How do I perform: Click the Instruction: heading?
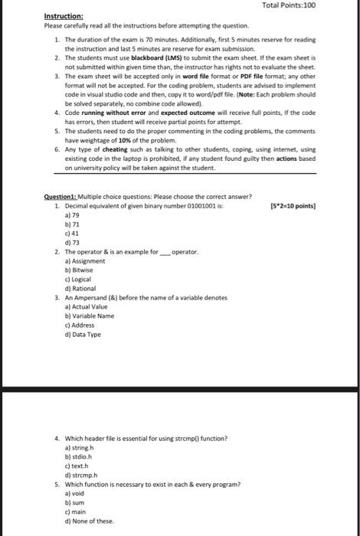[x=64, y=16]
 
